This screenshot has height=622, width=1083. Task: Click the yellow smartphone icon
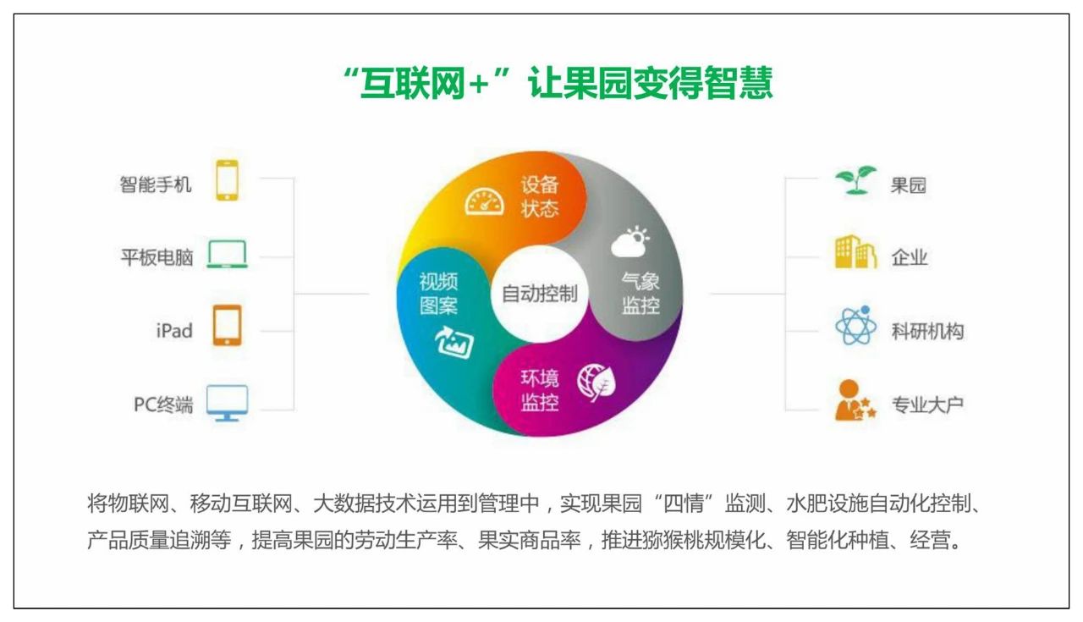[x=227, y=180]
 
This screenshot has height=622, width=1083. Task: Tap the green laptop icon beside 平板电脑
[x=228, y=254]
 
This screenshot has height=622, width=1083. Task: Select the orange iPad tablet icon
[x=228, y=325]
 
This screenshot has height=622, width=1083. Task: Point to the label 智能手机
[x=155, y=184]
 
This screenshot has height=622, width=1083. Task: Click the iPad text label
[x=174, y=331]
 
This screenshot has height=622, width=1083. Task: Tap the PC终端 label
[x=163, y=405]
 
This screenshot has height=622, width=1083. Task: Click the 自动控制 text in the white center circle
[x=540, y=294]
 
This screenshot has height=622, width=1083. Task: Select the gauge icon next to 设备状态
[x=484, y=201]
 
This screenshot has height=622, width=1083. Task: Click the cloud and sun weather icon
[x=630, y=241]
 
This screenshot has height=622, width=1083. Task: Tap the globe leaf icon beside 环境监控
[x=596, y=383]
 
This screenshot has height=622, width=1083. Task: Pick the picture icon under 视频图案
[x=454, y=343]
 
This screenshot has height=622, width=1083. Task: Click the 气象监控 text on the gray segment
[x=640, y=294]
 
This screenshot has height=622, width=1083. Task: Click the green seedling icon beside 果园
[x=855, y=180]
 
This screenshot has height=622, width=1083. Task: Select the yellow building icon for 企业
[x=855, y=252]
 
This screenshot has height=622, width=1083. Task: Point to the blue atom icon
[x=855, y=325]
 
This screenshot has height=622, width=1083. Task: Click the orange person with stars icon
[x=855, y=400]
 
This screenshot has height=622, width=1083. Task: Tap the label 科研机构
[x=927, y=332]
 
